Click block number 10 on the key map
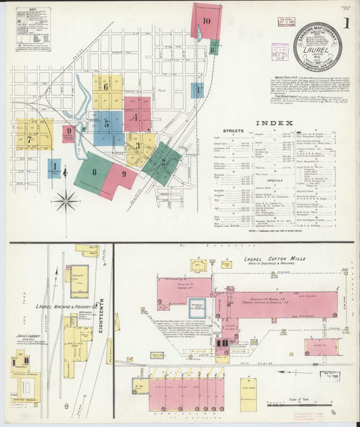(x=206, y=21)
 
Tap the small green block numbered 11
(x=213, y=47)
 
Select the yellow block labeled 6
(x=106, y=87)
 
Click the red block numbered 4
(x=136, y=116)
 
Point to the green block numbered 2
(x=163, y=162)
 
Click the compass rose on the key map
(x=66, y=200)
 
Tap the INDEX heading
(x=274, y=122)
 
